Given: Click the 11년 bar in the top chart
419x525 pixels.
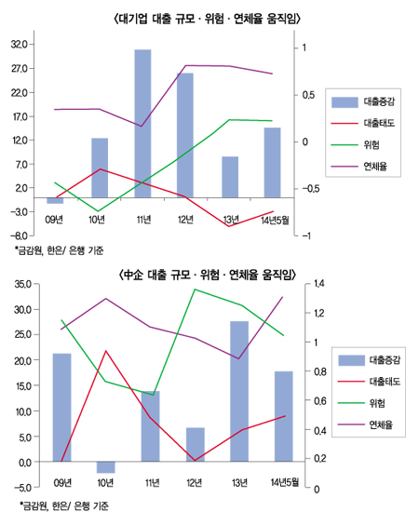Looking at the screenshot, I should (142, 121).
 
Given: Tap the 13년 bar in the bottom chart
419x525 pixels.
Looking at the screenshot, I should (238, 391).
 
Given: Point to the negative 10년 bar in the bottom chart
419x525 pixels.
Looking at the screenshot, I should (105, 467).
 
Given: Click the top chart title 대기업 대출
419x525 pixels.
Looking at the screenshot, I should (209, 18).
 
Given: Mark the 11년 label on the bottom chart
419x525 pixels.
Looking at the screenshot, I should (149, 481).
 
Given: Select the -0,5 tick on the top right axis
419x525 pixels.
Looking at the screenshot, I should (312, 188).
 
